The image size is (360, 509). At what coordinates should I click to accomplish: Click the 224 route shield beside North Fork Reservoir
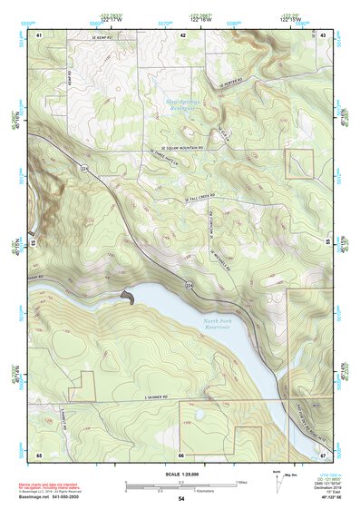coord(190,287)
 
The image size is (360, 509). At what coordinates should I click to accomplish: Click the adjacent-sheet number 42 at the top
coord(182,34)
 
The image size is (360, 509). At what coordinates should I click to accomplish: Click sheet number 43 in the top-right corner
coord(323,34)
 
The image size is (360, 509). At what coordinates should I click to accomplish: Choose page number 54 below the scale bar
coord(181,499)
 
